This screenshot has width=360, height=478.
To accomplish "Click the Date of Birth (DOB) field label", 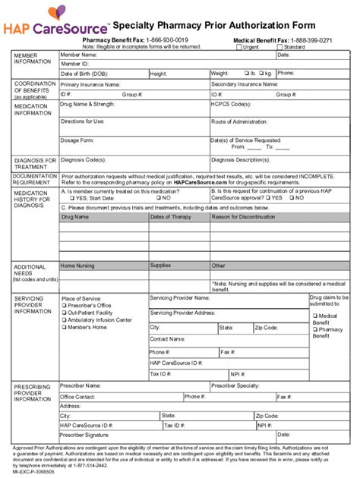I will pyautogui.click(x=87, y=74).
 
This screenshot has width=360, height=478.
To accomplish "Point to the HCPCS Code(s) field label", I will pyautogui.click(x=231, y=104).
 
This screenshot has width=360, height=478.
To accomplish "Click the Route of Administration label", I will pyautogui.click(x=244, y=121).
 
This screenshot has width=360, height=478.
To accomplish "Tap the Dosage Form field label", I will pyautogui.click(x=77, y=140).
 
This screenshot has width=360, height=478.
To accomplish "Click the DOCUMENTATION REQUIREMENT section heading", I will pyautogui.click(x=34, y=179).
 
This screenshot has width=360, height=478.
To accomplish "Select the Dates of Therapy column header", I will pyautogui.click(x=171, y=217).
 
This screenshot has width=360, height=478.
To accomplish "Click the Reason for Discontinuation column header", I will pyautogui.click(x=245, y=217).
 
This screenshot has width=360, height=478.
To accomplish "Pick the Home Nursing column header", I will pyautogui.click(x=79, y=266).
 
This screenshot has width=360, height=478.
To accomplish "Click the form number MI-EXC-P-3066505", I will pyautogui.click(x=34, y=471).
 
